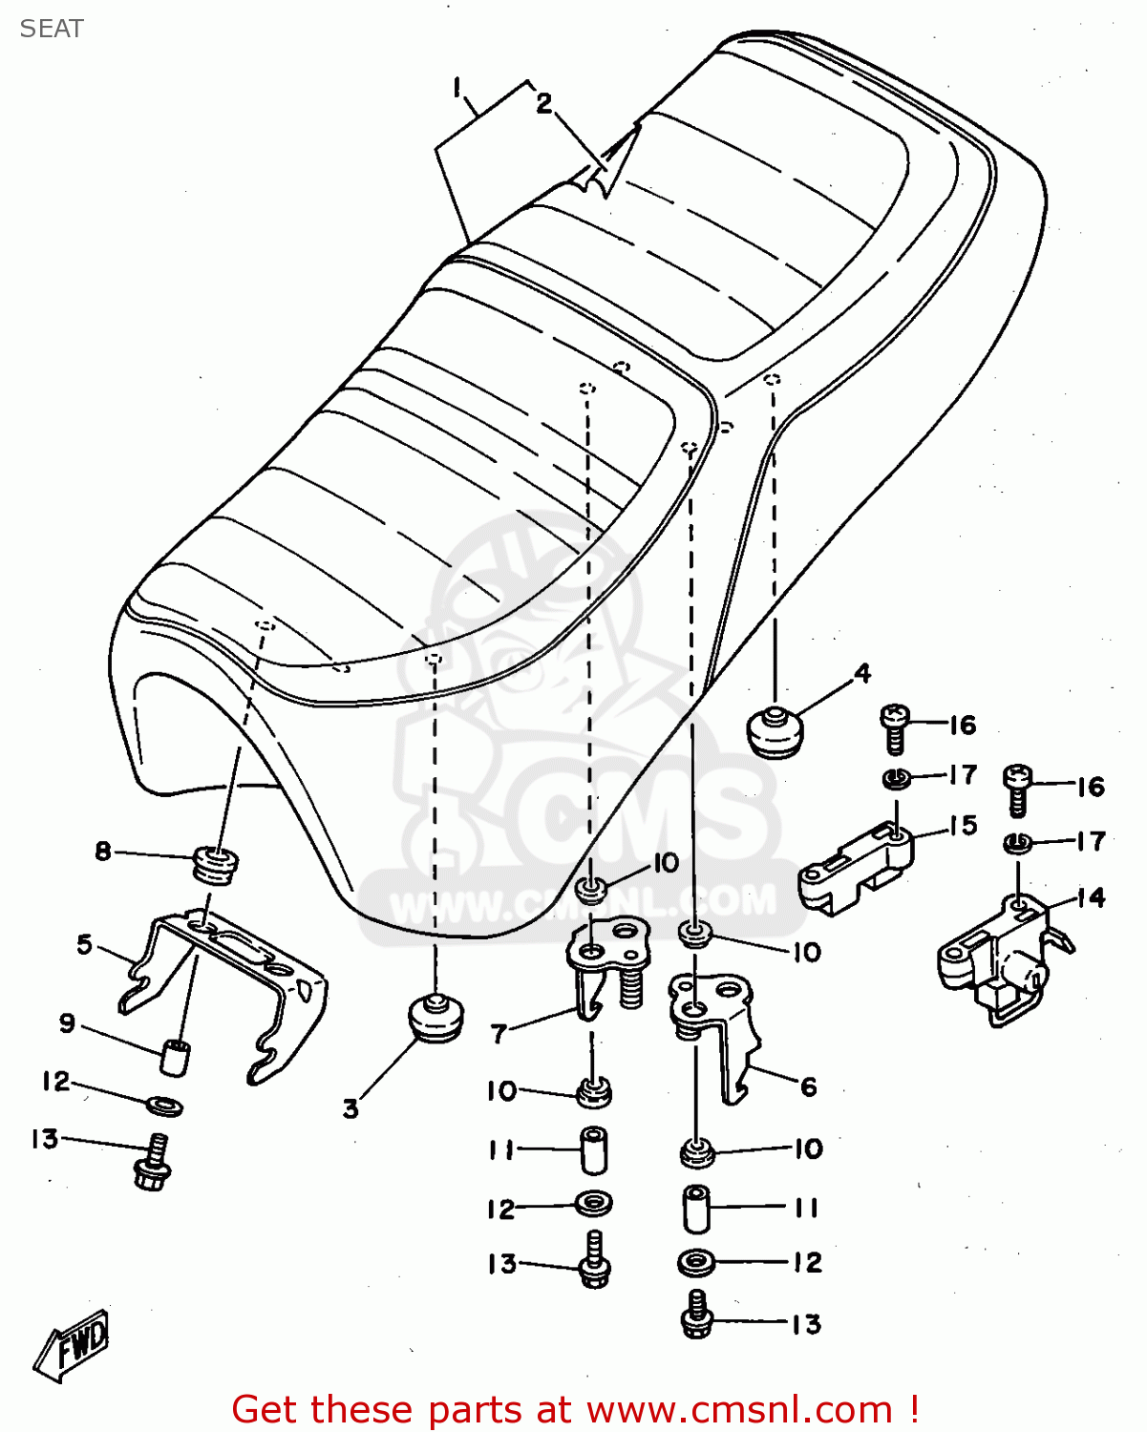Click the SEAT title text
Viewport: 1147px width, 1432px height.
(52, 29)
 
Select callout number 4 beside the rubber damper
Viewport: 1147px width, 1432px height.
(862, 674)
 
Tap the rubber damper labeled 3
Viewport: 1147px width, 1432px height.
(435, 1018)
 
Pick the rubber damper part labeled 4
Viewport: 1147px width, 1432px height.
(774, 730)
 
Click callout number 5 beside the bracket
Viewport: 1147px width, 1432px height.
(85, 945)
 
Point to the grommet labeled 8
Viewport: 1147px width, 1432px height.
(216, 863)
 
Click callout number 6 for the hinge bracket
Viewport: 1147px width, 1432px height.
(808, 1086)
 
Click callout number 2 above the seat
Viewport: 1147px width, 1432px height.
(543, 103)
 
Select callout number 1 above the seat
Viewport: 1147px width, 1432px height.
(457, 89)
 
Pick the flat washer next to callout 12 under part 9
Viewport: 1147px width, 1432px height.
(165, 1106)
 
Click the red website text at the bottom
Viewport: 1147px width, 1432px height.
(576, 1409)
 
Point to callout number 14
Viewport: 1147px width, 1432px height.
(1091, 897)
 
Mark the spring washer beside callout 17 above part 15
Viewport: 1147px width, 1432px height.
(896, 778)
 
